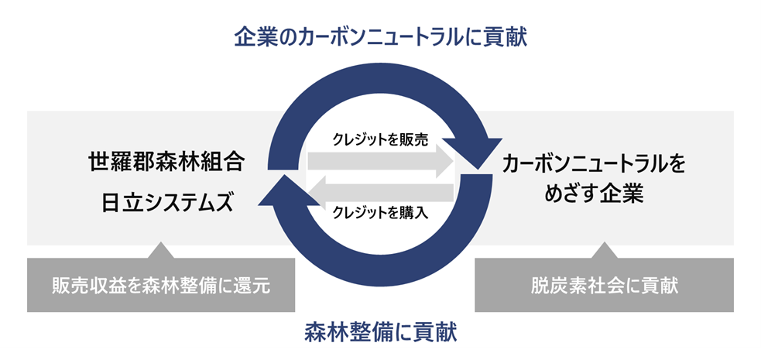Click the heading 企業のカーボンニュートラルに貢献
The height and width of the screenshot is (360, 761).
380,36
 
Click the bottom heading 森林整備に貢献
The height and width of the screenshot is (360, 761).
380,333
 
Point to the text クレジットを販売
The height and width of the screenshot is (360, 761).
380,139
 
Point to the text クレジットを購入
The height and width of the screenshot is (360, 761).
380,211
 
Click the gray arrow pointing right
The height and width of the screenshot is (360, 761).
379,160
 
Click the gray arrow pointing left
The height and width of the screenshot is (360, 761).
379,190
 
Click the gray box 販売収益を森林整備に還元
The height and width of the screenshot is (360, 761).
161,285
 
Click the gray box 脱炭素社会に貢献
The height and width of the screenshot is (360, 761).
605,285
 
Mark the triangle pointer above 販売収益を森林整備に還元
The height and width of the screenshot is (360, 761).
161,249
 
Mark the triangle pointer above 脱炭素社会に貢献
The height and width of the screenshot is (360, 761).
605,249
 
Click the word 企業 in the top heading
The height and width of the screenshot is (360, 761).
254,36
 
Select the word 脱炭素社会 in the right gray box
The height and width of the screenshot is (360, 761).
578,285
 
